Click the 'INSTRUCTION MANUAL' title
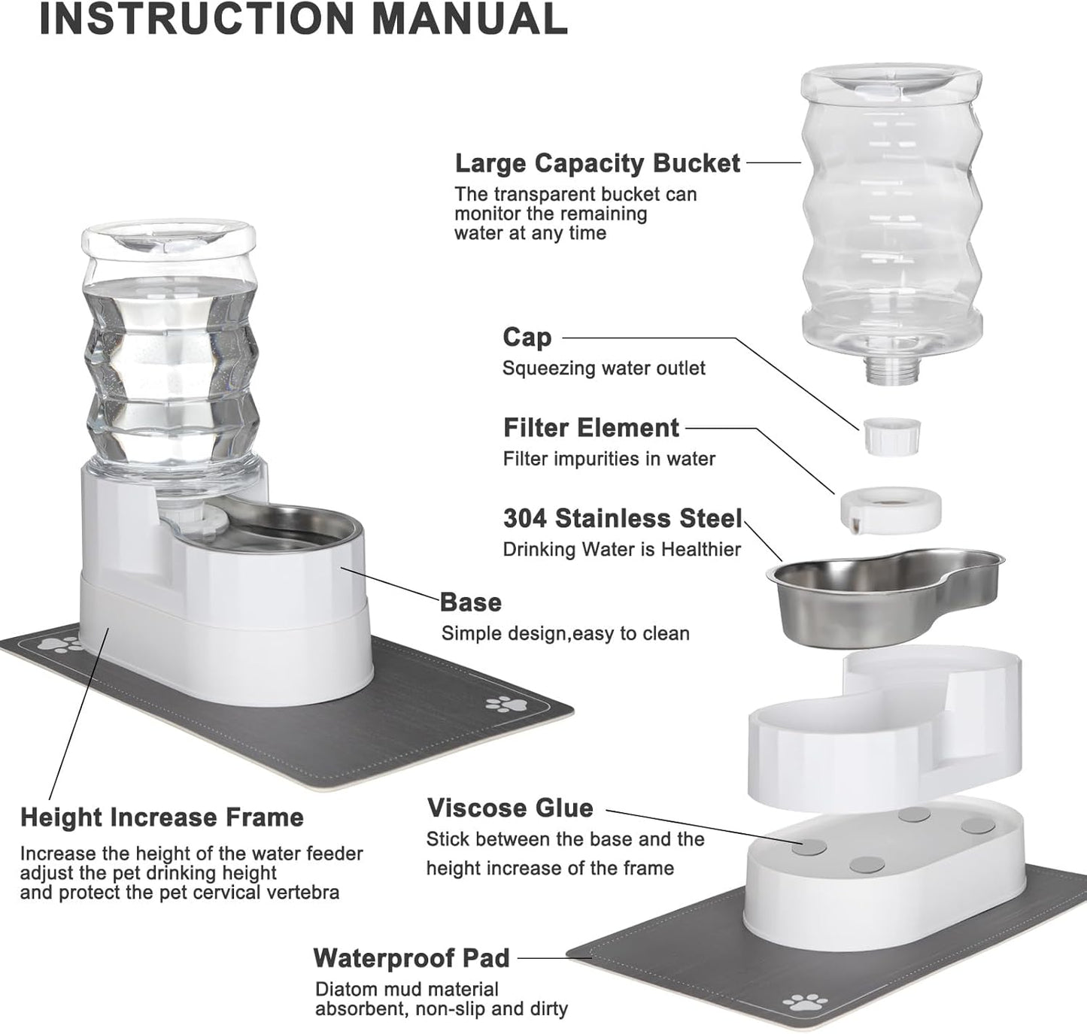tap(302, 20)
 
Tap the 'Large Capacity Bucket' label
tap(597, 163)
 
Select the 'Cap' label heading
tap(527, 338)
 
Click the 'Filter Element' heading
tap(591, 428)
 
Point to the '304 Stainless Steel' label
tap(622, 519)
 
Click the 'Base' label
tap(470, 602)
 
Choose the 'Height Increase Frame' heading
tap(162, 817)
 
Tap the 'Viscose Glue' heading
tap(510, 808)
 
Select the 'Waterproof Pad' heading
tap(411, 958)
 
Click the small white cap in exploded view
tap(891, 436)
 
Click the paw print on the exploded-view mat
tap(801, 1002)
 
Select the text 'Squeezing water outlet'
tap(603, 368)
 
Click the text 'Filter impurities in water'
tap(609, 459)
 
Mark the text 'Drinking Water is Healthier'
tap(621, 550)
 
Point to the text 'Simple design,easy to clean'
tap(565, 634)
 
